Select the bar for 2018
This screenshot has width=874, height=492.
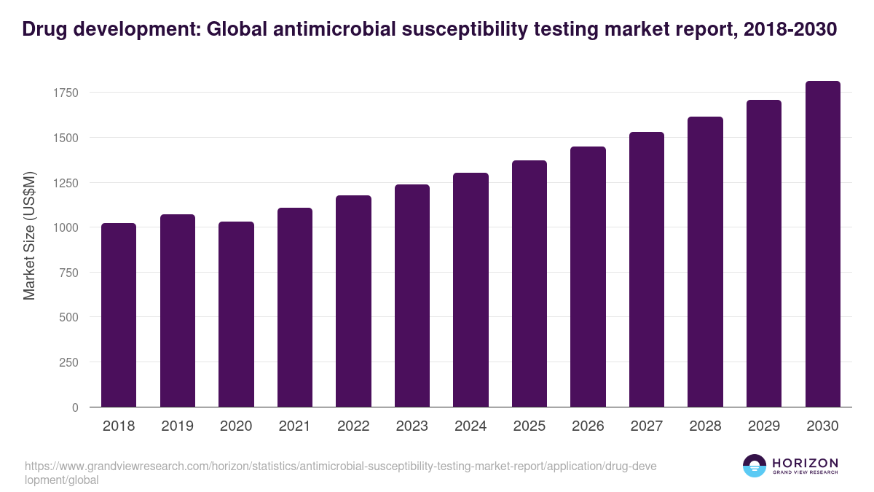click(119, 315)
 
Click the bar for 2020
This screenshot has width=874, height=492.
click(236, 314)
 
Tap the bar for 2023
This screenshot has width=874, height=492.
click(412, 295)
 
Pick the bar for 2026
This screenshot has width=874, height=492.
click(588, 277)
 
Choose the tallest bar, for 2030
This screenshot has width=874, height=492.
click(822, 244)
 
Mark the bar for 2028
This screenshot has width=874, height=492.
click(705, 262)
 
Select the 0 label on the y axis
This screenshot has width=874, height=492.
click(74, 407)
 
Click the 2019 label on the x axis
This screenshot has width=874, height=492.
click(177, 426)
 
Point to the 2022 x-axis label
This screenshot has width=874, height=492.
click(353, 426)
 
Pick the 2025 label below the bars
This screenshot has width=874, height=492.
click(529, 426)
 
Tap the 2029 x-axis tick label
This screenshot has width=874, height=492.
click(763, 426)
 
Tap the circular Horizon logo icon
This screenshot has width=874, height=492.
click(754, 466)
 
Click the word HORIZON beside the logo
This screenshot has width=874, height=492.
click(805, 462)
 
